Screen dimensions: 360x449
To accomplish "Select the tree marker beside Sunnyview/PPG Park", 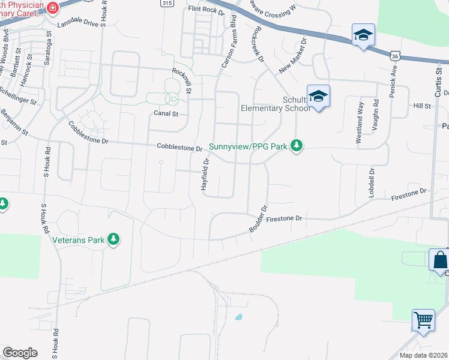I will point(296,145).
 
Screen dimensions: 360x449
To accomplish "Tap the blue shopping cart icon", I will point(423,320).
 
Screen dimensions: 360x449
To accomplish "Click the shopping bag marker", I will point(439,260).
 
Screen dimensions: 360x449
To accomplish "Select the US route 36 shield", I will point(394,55).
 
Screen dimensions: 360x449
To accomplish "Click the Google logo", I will point(20,353).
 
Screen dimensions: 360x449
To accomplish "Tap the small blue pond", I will point(239,316).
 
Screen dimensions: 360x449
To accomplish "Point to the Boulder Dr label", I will point(256,219).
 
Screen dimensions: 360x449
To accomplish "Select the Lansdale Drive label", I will point(77,24).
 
